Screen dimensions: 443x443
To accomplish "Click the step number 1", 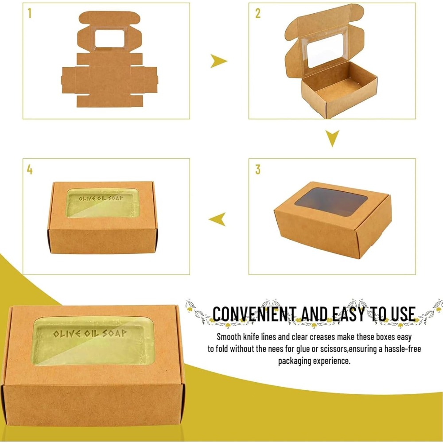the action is tap(30, 13).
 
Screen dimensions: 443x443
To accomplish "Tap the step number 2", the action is tap(258, 13).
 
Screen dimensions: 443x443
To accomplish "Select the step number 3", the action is tap(258, 169).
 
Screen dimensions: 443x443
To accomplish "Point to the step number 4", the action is tap(30, 170).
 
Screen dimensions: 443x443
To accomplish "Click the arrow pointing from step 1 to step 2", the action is tap(218, 61).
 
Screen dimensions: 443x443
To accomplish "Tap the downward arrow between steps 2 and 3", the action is tap(332, 138).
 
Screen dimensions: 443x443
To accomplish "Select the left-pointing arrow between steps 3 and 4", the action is tap(217, 219).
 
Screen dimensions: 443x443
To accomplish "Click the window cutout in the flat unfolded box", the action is tap(109, 39).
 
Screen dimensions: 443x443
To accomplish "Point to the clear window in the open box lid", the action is tap(325, 51).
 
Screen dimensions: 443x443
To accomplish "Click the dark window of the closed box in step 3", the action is tap(331, 202).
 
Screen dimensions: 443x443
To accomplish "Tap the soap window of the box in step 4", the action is tap(103, 203).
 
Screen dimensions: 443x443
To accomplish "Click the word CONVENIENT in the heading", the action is tap(254, 314).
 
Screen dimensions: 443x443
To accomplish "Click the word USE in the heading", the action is tap(403, 314).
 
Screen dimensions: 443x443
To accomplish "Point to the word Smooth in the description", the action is tap(229, 337).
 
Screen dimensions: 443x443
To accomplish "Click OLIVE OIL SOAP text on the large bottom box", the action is tap(90, 334).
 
